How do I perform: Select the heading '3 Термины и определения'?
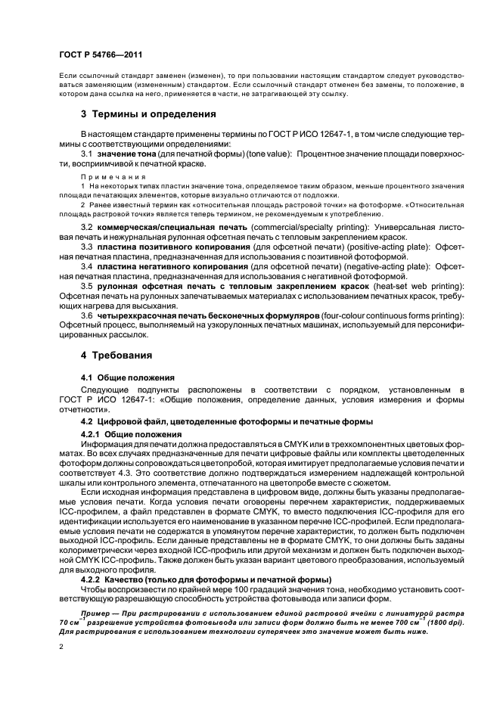148,114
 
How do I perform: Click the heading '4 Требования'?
116,355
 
